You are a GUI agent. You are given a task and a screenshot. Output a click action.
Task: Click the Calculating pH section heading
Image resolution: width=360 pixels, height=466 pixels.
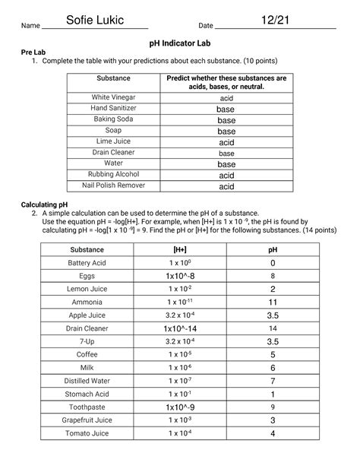point(46,204)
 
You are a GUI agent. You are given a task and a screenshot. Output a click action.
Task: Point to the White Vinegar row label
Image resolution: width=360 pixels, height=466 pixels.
point(112,98)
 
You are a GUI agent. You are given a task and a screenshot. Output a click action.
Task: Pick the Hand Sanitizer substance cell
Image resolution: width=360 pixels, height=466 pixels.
point(112,109)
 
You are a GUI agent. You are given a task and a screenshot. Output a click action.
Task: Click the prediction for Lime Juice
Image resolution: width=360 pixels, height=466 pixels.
point(226,142)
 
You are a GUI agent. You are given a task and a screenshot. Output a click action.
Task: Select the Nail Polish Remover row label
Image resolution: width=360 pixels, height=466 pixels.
point(112,185)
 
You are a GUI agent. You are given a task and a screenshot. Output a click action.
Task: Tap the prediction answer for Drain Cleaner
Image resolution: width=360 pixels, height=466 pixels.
point(226,153)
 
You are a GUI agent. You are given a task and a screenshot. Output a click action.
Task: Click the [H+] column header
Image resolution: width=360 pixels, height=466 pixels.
point(180,249)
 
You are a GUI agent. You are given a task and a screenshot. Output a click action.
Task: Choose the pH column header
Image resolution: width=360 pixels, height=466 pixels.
point(273,249)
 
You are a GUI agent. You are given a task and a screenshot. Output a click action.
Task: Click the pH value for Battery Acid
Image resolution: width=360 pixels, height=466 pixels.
point(273,263)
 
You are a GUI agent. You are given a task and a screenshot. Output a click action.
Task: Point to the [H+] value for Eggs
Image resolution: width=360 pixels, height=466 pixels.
point(180,276)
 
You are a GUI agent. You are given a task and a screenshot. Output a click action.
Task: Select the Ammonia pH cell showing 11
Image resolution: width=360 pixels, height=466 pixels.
point(273,303)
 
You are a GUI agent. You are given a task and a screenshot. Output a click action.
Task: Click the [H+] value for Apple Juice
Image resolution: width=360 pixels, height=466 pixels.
point(180,315)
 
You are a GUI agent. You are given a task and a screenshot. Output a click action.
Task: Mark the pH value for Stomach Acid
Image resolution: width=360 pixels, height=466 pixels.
point(273,395)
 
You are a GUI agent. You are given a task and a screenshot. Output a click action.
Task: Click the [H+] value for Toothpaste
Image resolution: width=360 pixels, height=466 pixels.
point(180,407)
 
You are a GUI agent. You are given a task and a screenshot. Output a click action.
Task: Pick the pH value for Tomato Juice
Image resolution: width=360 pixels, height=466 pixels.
point(273,434)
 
